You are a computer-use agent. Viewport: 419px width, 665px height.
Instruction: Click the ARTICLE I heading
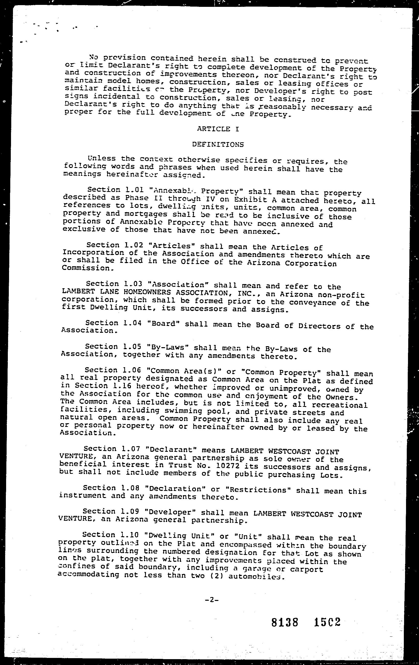click(x=218, y=129)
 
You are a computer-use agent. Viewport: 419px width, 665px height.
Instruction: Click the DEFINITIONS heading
click(x=218, y=144)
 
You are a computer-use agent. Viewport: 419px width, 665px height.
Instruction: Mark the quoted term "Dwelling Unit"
click(x=182, y=536)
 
